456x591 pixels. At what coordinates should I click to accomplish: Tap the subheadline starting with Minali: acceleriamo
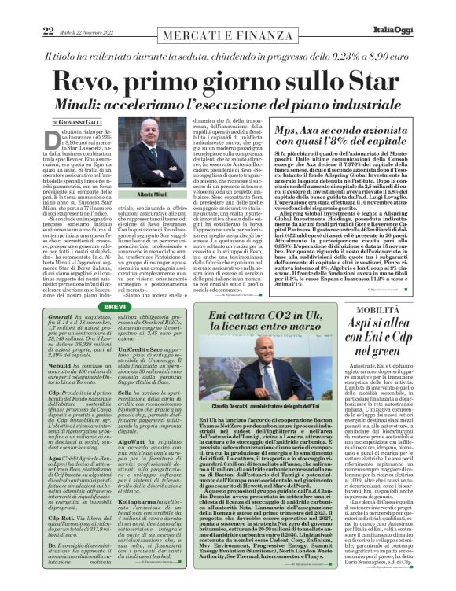pos(228,105)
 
